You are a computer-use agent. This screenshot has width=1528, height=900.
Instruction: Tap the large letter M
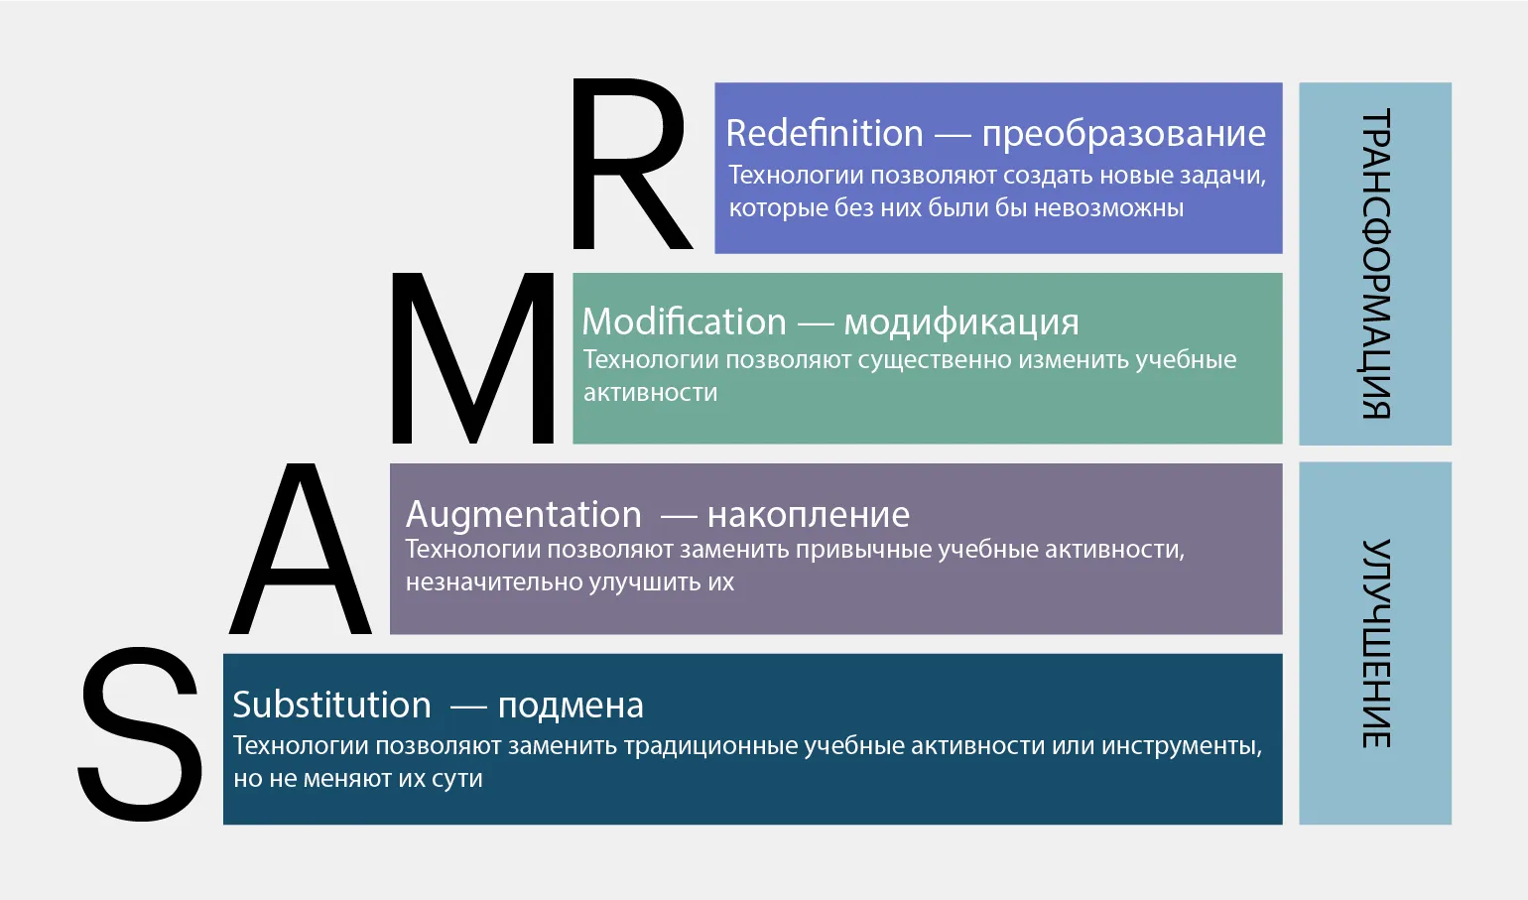tap(472, 358)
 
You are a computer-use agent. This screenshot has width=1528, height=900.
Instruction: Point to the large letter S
tap(141, 734)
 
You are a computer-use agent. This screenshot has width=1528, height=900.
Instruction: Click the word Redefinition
tap(824, 133)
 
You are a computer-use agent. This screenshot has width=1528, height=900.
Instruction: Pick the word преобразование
tap(1123, 134)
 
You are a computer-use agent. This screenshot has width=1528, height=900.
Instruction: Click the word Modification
tap(685, 321)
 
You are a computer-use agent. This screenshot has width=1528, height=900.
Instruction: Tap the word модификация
tap(961, 323)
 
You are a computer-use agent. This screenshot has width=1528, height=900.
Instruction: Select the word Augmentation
tap(524, 515)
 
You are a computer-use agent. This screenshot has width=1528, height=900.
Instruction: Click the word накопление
tap(809, 515)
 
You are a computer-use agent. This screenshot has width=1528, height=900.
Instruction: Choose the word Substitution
tap(332, 705)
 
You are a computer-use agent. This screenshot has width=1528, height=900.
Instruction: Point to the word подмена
tap(571, 707)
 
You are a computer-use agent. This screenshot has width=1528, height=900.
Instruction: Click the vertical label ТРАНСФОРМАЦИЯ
tap(1376, 263)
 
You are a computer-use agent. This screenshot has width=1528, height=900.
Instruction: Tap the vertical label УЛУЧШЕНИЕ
tap(1376, 643)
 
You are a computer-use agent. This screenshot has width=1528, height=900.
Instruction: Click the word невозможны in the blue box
tap(1108, 208)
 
